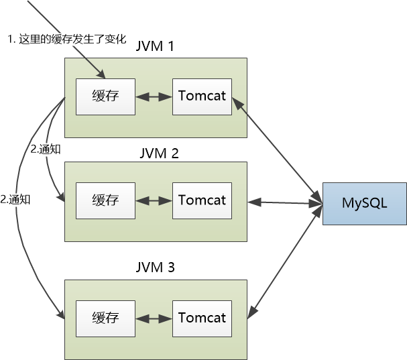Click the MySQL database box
pyautogui.click(x=365, y=203)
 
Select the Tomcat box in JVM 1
pyautogui.click(x=202, y=96)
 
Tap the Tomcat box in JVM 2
pyautogui.click(x=202, y=200)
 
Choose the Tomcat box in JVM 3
pyautogui.click(x=202, y=317)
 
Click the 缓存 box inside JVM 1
pyautogui.click(x=105, y=96)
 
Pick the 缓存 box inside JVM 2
pyautogui.click(x=105, y=200)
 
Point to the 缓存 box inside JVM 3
pyautogui.click(x=105, y=317)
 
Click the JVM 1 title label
pyautogui.click(x=155, y=48)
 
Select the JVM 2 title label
pyautogui.click(x=155, y=153)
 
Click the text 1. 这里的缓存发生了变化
pyautogui.click(x=66, y=40)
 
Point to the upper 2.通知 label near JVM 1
pyautogui.click(x=46, y=149)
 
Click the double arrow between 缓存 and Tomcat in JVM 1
pyautogui.click(x=154, y=97)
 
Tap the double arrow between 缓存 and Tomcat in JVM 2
pyautogui.click(x=154, y=200)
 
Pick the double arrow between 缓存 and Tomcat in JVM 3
pyautogui.click(x=154, y=318)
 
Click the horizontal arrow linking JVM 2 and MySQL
pyautogui.click(x=284, y=201)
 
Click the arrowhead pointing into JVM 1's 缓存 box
pyautogui.click(x=101, y=74)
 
